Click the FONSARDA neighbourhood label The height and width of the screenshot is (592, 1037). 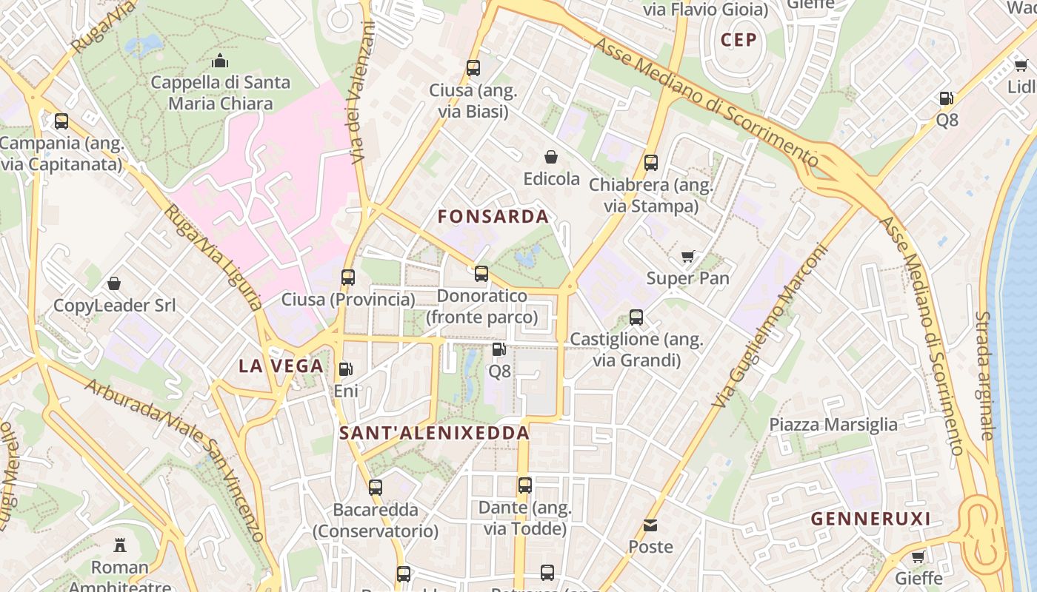493,217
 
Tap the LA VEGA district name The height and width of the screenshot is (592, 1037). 281,366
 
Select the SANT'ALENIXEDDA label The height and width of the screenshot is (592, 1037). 435,433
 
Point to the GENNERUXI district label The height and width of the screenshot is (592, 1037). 870,519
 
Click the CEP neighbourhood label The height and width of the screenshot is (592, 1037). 738,40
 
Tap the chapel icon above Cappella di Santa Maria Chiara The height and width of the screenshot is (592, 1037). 220,61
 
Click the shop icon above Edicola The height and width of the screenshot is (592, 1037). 551,157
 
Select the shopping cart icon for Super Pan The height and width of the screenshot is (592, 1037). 688,257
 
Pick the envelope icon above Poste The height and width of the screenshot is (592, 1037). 650,525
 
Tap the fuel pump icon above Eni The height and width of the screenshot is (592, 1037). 345,369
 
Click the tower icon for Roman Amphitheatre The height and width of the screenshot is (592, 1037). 119,545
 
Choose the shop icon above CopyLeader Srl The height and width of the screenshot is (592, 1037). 114,283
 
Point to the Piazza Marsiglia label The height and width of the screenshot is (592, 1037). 833,425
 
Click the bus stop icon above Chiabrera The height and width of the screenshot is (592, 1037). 651,163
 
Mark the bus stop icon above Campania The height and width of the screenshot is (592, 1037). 61,121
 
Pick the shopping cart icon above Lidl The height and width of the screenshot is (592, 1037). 1021,65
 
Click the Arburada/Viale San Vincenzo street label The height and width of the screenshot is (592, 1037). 173,459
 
